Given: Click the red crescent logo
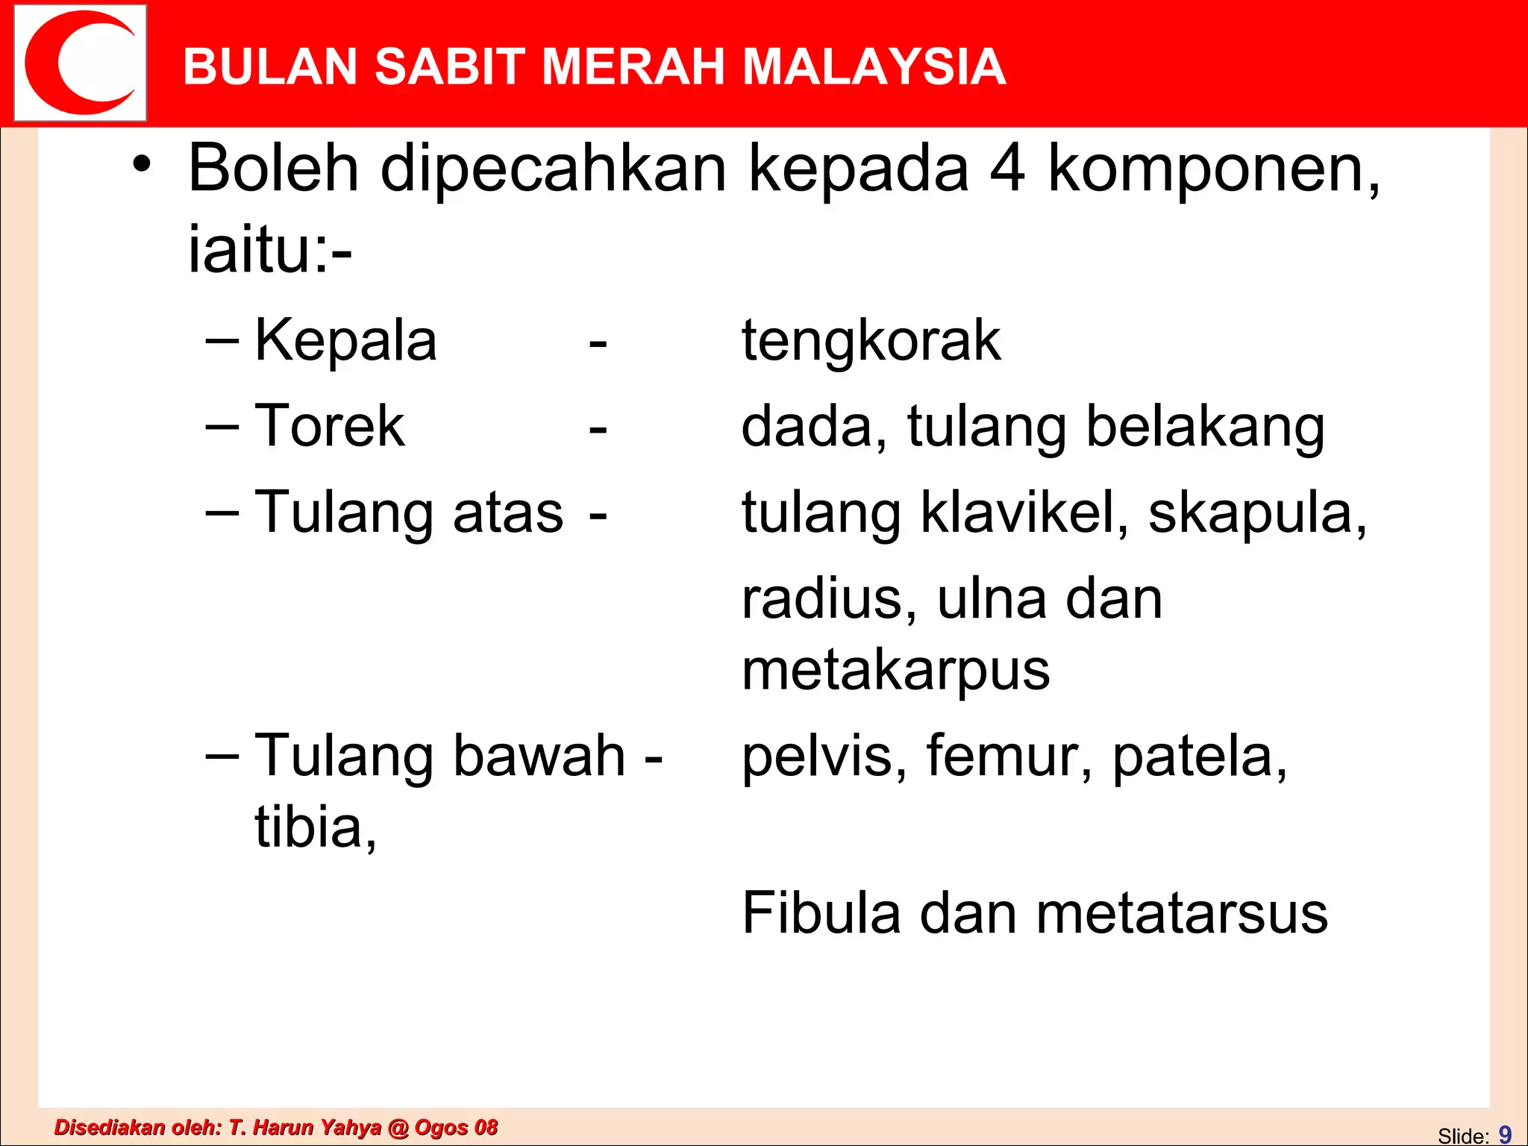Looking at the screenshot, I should pos(80,63).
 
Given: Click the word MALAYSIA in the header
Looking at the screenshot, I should pos(874,67).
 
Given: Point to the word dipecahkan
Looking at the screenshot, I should pos(553,170).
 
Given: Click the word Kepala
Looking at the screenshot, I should pos(345,342).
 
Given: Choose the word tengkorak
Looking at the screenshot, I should pos(871,342).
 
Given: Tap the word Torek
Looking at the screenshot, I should pos(329,426).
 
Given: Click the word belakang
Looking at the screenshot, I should pos(1204,428).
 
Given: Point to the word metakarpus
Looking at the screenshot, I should pos(895,671).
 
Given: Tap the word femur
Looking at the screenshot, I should pos(1009,757).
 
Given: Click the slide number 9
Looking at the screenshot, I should pos(1505,1134).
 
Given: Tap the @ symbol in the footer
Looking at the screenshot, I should pos(398,1127).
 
